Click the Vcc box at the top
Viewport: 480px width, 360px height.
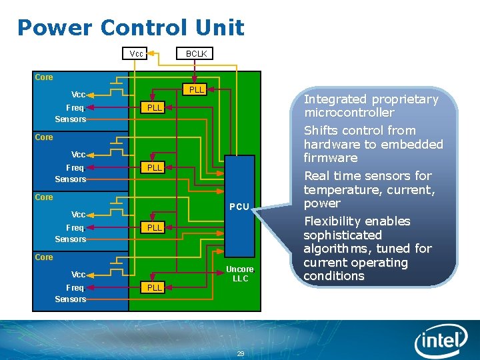[x=137, y=53]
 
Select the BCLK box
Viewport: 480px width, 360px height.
[x=196, y=53]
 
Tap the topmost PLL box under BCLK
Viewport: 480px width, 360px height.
[x=196, y=89]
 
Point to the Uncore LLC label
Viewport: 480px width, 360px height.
[x=240, y=273]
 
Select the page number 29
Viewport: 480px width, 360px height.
[x=241, y=353]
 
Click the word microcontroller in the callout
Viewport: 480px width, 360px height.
[x=349, y=113]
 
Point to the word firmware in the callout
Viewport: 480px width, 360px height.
[x=331, y=158]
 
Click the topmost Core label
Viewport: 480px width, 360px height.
[x=44, y=77]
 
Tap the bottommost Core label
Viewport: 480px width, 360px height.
[x=44, y=257]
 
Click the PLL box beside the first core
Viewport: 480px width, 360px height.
[x=155, y=107]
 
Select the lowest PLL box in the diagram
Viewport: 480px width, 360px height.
[x=155, y=287]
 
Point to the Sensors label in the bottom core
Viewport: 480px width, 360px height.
[x=70, y=299]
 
